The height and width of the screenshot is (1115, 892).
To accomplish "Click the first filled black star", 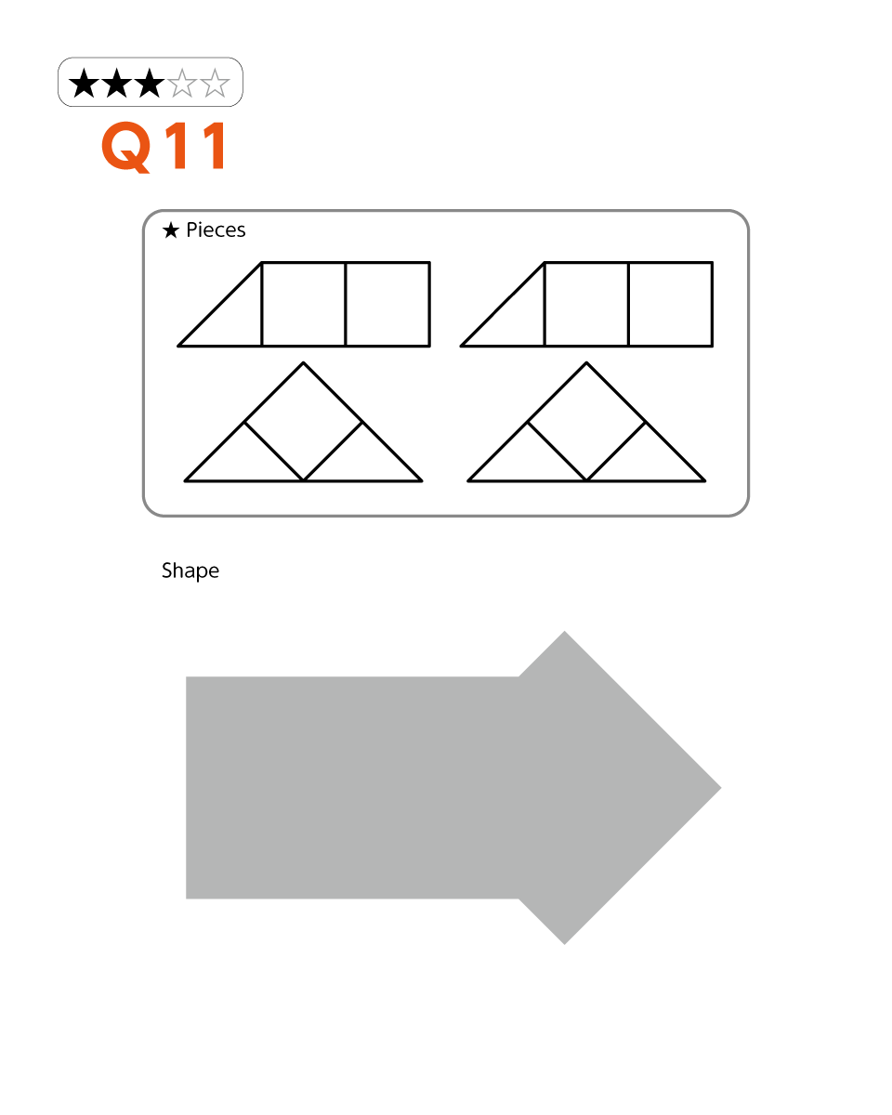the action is (x=84, y=83).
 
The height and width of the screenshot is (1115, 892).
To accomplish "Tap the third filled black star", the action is (x=150, y=83).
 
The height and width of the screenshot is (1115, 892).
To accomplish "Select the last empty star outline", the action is (x=215, y=83).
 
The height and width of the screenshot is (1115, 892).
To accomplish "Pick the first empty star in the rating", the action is (x=182, y=83).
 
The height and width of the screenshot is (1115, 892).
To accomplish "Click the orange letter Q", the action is (x=126, y=147).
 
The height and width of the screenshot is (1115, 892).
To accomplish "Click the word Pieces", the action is (x=216, y=230).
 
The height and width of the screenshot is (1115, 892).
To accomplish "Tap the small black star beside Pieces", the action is (x=171, y=230).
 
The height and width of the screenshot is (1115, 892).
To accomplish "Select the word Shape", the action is (x=190, y=571).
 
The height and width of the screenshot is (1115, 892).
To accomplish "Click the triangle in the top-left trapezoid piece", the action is (x=234, y=318).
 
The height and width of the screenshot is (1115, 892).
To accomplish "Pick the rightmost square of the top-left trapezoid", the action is (x=387, y=304).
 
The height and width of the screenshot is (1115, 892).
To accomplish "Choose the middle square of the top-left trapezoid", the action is (x=304, y=304).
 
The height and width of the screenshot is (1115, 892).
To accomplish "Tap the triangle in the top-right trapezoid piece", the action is (x=517, y=318).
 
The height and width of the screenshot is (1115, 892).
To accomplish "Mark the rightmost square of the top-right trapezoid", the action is (x=671, y=304).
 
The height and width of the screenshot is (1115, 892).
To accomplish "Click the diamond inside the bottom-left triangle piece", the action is (x=303, y=422).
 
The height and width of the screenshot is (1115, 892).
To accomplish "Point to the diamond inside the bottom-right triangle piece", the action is (x=586, y=422).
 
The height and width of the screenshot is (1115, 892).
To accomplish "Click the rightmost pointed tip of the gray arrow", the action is (x=721, y=788).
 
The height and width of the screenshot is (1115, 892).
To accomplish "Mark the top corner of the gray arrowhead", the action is (x=564, y=631).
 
